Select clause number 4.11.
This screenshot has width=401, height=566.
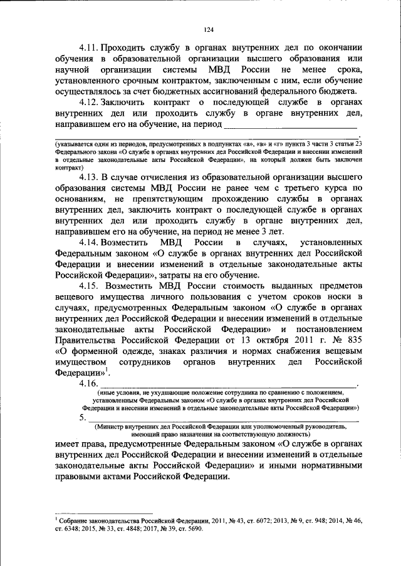(x=90, y=46)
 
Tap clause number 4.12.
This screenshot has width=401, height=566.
(x=90, y=101)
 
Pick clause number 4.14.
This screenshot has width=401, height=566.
(x=90, y=241)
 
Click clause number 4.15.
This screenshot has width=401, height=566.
(x=90, y=285)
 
